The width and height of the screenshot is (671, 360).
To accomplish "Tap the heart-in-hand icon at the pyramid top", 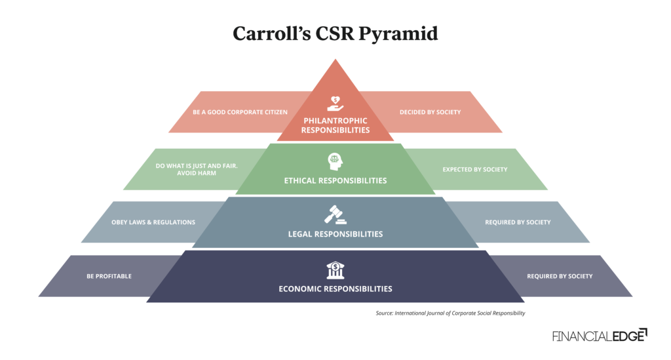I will (x=335, y=103).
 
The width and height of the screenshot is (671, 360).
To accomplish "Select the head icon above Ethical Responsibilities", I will (x=335, y=161).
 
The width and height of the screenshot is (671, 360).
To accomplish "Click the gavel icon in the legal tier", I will (x=335, y=214).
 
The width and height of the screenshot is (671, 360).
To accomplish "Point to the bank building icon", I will (x=335, y=269).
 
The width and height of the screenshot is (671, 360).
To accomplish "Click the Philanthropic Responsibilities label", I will (x=335, y=125).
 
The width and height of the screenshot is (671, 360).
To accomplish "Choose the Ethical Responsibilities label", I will (x=335, y=180).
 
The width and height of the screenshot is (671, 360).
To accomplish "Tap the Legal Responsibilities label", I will (x=335, y=233).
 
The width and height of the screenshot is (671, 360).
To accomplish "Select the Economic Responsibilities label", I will (x=335, y=289).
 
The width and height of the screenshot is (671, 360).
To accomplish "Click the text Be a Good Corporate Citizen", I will (x=240, y=112).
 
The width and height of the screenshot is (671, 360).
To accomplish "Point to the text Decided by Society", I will (x=430, y=112).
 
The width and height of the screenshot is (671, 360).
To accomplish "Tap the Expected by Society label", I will (x=475, y=169).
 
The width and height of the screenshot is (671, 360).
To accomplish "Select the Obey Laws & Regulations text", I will (x=161, y=222).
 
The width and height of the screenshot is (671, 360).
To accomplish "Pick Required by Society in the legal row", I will (x=518, y=222).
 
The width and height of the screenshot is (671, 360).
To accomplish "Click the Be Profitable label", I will (x=109, y=276).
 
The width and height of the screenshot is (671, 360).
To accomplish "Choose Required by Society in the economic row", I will (x=560, y=276).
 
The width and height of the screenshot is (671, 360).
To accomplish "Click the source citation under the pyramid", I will (x=450, y=313).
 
